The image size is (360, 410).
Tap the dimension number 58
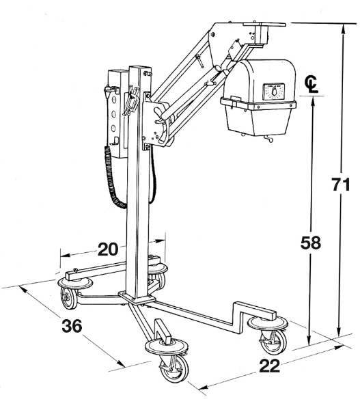pyautogui.click(x=311, y=243)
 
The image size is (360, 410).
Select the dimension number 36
pyautogui.click(x=72, y=326)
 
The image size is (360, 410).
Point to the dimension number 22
pyautogui.click(x=269, y=366)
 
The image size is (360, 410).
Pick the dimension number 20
pyautogui.click(x=108, y=249)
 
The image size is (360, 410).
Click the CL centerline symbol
pyautogui.click(x=311, y=84)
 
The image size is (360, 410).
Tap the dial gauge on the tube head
pyautogui.click(x=274, y=92)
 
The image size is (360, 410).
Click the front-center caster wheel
pyautogui.click(x=174, y=370)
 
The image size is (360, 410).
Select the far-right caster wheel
pyautogui.click(x=273, y=342)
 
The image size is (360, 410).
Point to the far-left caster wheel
pyautogui.click(x=69, y=298)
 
